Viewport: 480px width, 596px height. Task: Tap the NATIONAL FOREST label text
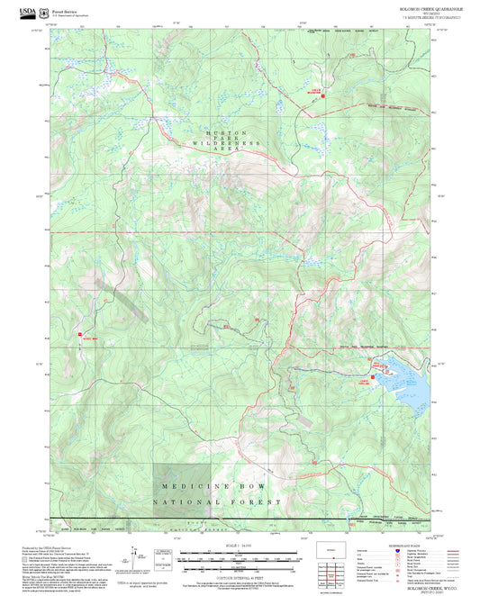[216, 501]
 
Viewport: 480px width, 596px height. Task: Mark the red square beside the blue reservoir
[372, 364]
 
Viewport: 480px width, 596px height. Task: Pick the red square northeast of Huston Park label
[323, 95]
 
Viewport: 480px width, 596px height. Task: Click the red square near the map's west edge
[80, 335]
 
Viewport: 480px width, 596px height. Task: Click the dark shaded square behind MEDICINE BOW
[181, 491]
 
